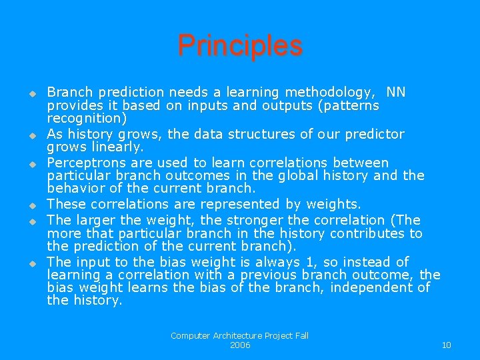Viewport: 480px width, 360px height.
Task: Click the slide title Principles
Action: pyautogui.click(x=240, y=46)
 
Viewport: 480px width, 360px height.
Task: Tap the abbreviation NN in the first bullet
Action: pyautogui.click(x=395, y=92)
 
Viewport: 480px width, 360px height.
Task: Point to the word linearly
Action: pyautogui.click(x=118, y=146)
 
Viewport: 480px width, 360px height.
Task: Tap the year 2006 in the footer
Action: pyautogui.click(x=240, y=345)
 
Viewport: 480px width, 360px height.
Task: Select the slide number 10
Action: pyautogui.click(x=446, y=345)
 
